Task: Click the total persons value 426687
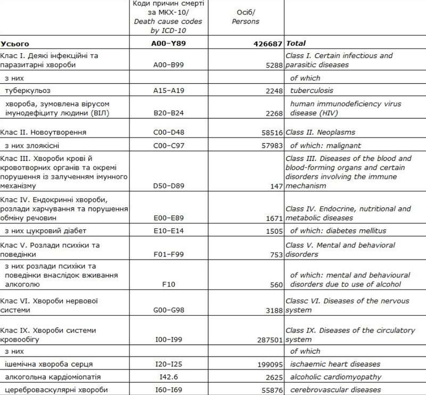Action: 264,43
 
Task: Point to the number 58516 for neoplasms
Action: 269,132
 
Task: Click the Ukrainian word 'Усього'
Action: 15,43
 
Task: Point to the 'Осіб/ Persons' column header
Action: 247,18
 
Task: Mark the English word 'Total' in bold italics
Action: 297,43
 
